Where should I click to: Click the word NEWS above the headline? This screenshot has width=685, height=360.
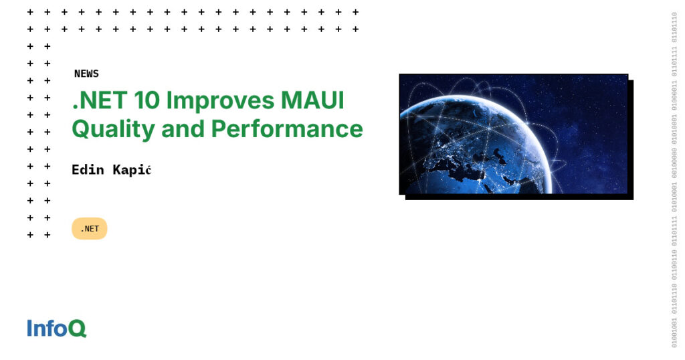(x=86, y=74)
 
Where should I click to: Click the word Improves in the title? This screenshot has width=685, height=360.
(x=217, y=102)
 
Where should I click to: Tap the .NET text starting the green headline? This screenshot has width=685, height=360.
(x=97, y=100)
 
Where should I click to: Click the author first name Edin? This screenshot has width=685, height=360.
(x=88, y=170)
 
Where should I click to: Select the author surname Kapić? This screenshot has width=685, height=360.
(x=132, y=170)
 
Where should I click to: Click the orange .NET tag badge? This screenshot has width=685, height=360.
(x=89, y=229)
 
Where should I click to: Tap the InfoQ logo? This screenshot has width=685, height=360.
(x=57, y=328)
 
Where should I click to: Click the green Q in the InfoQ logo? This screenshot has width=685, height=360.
(x=78, y=329)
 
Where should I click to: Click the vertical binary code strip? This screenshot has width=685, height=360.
(x=674, y=180)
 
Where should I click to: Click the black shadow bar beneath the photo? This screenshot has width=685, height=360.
(x=518, y=197)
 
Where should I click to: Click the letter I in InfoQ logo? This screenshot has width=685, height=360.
(x=29, y=328)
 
